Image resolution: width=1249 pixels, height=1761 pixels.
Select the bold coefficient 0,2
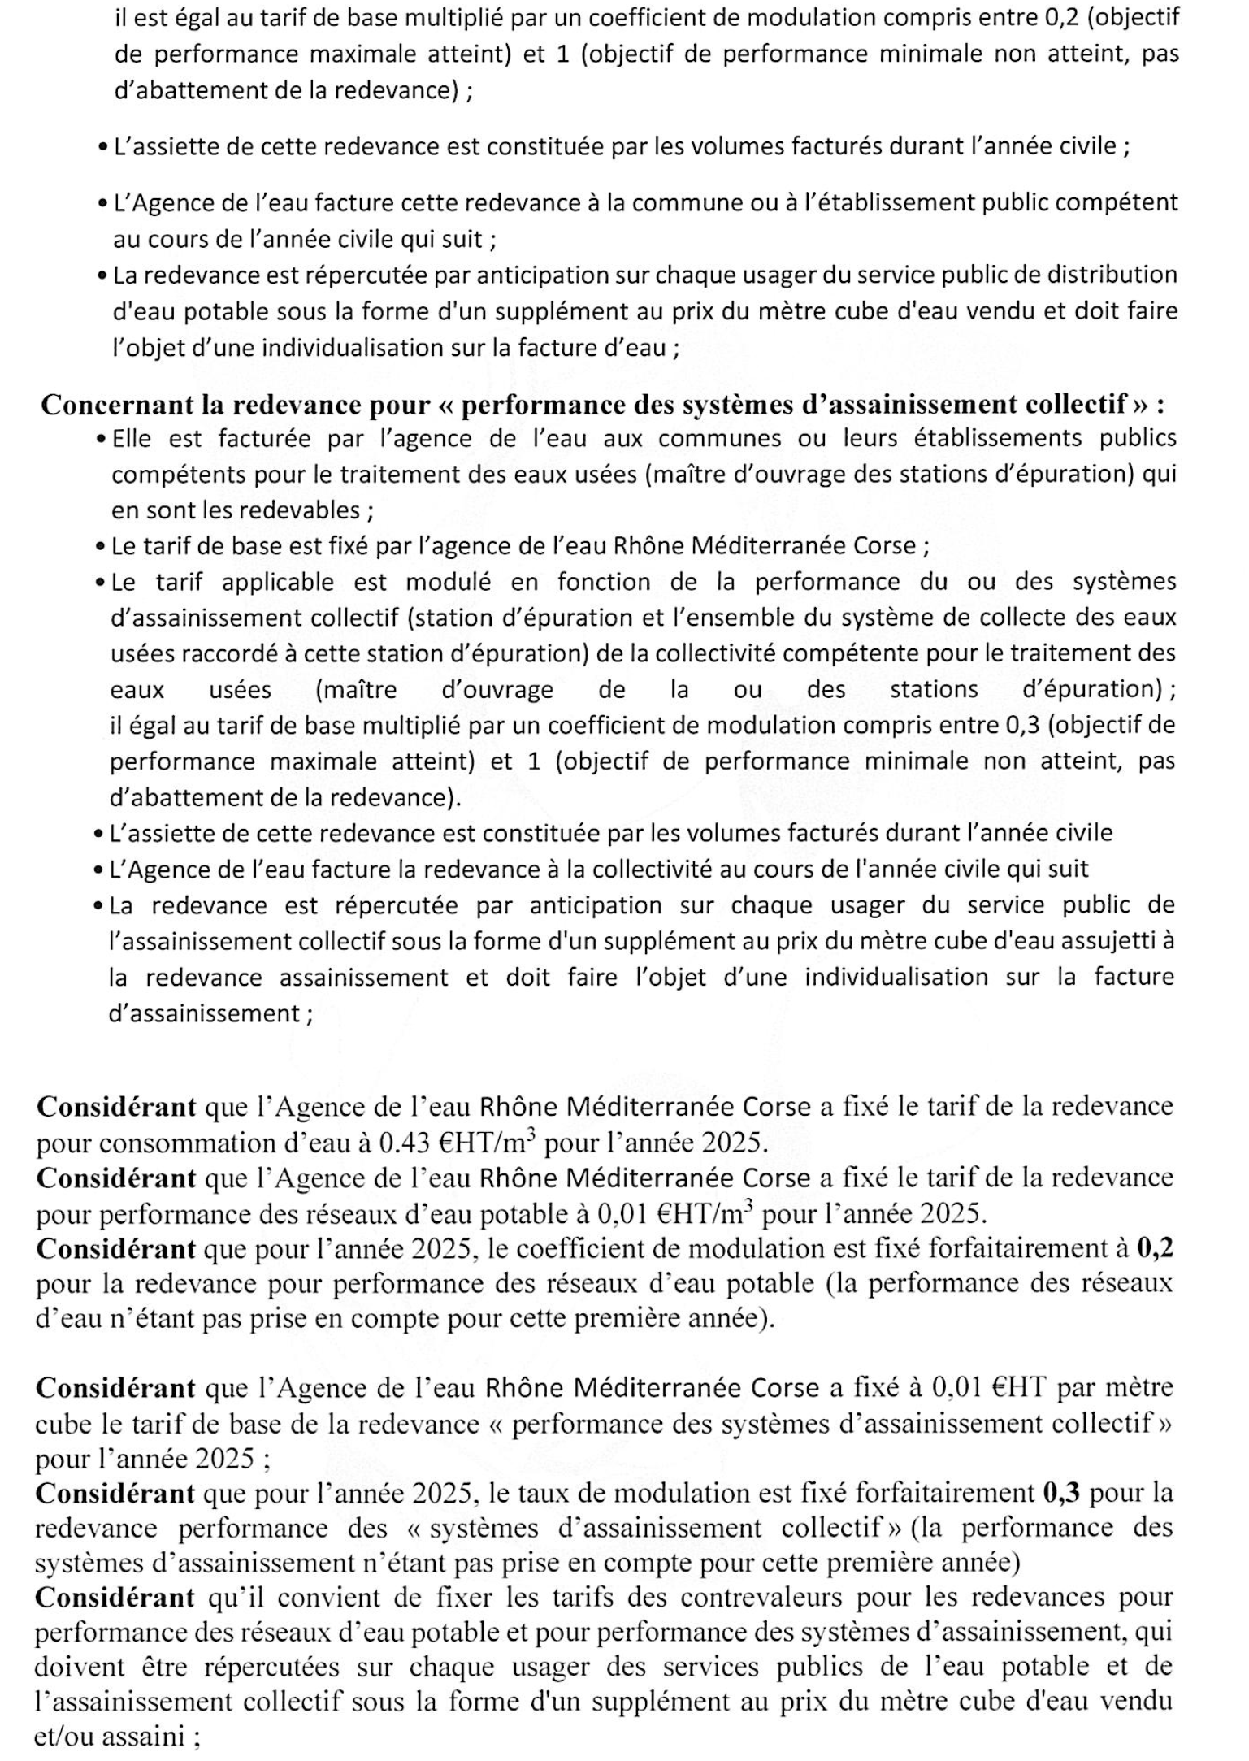click(x=1155, y=1248)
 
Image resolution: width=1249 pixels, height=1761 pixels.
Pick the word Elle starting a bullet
click(x=132, y=439)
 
